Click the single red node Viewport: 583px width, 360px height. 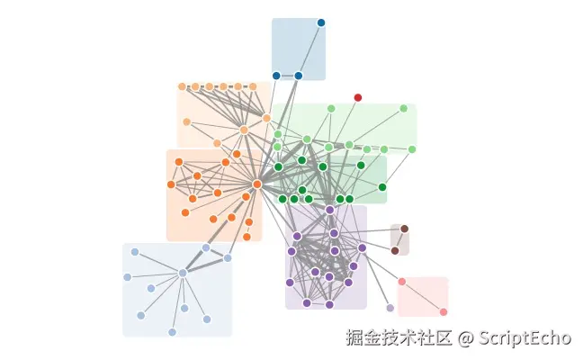point(358,97)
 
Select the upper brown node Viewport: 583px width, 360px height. point(404,229)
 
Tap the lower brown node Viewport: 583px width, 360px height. point(395,250)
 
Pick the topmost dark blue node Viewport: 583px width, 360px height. point(321,22)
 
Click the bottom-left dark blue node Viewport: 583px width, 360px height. point(276,76)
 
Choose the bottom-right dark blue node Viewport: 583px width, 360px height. point(299,76)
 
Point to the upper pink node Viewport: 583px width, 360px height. point(402,282)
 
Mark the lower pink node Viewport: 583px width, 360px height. point(444,311)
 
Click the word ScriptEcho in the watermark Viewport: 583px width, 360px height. point(525,338)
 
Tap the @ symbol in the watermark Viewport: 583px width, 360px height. point(465,338)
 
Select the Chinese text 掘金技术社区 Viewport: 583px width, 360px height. point(399,338)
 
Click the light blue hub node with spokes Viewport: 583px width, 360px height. point(183,273)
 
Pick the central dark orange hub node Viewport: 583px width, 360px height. point(257,184)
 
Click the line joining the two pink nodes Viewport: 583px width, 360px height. point(423,297)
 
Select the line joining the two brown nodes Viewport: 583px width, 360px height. point(399,239)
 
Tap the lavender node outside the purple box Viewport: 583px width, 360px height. point(390,308)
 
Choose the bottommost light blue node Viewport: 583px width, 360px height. point(172,332)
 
